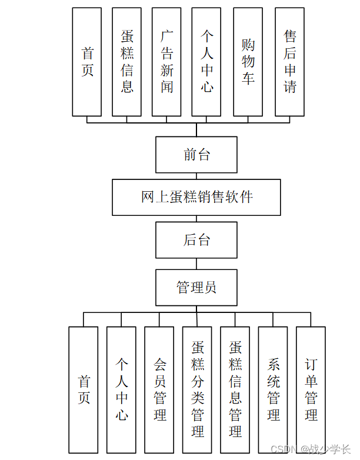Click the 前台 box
click(196, 155)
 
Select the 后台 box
click(196, 240)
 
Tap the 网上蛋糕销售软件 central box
click(196, 198)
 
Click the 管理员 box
click(196, 288)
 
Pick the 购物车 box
click(248, 62)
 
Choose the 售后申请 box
click(289, 62)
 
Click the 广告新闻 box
click(166, 62)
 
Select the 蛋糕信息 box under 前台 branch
click(126, 62)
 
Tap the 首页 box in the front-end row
click(87, 62)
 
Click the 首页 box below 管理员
click(84, 390)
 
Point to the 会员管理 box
click(159, 390)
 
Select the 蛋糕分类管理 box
click(197, 390)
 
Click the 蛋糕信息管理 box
click(235, 390)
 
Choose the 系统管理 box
click(273, 390)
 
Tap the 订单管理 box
click(311, 390)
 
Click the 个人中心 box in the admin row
click(121, 390)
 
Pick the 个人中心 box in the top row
click(206, 62)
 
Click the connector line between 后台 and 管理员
click(196, 264)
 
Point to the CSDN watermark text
click(311, 449)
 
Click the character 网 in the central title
click(148, 197)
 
